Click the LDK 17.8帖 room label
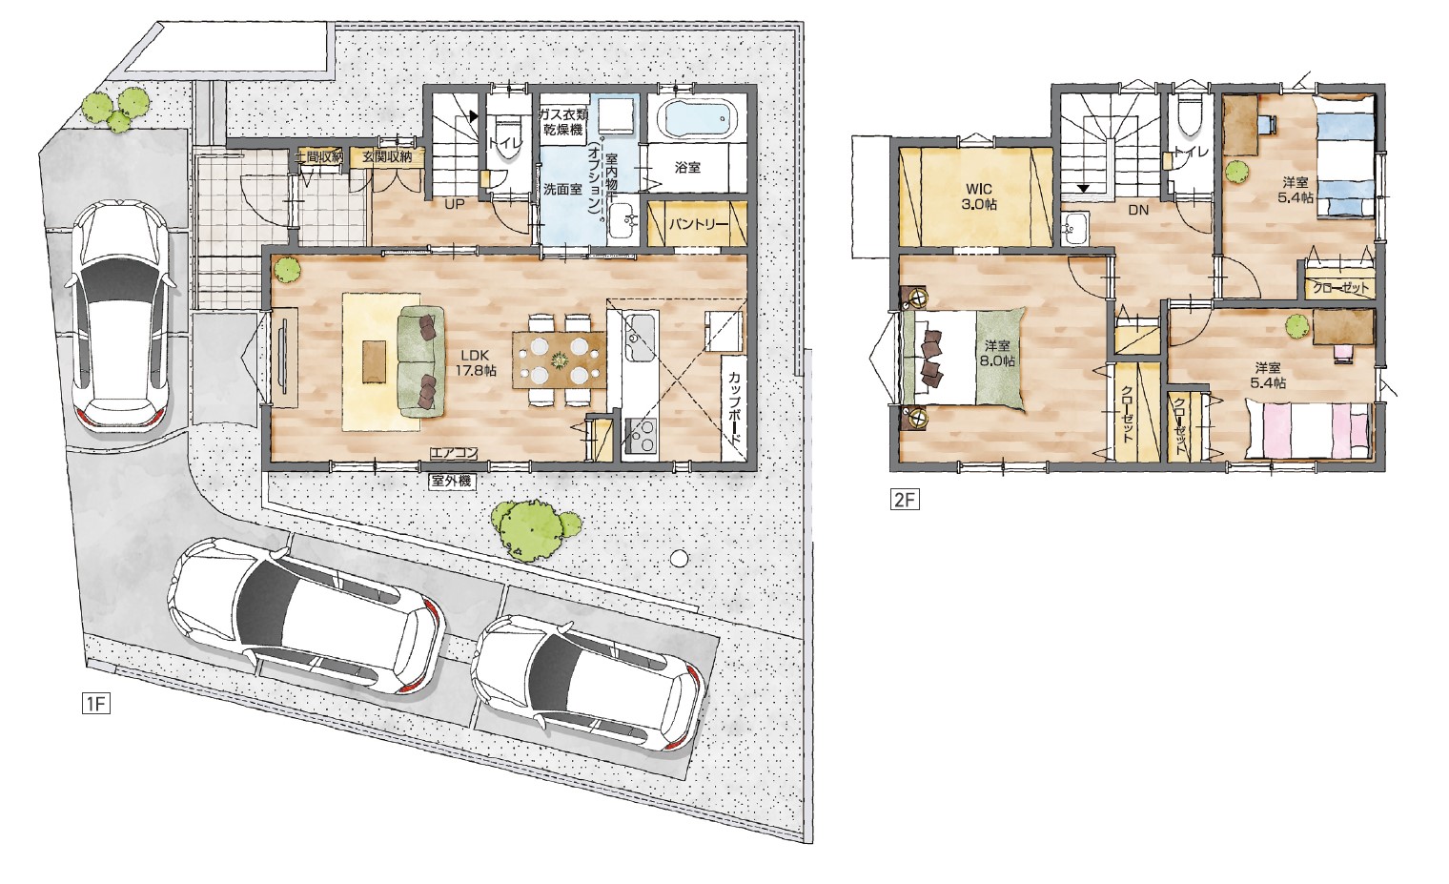tap(479, 363)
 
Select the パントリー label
tap(699, 224)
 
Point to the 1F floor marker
tap(95, 704)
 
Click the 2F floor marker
tap(905, 501)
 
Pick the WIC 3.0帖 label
tap(981, 196)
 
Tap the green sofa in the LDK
tap(421, 361)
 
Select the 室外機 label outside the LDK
tap(453, 481)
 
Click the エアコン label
tap(454, 454)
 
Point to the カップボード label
tap(734, 408)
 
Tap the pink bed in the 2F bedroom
tap(1308, 429)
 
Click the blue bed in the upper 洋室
tap(1345, 154)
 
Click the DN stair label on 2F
tap(1138, 210)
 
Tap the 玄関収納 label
tap(387, 157)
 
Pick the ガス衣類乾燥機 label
tap(564, 122)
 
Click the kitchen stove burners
tap(641, 434)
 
